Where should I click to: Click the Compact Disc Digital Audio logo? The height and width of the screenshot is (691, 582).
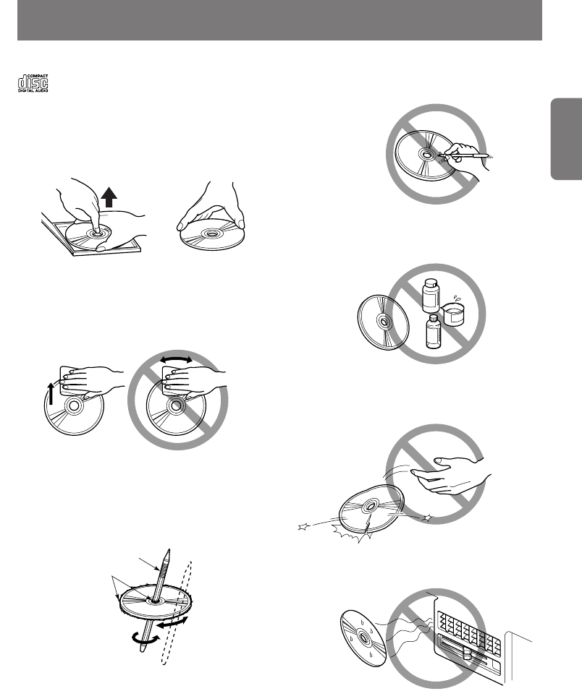pyautogui.click(x=33, y=83)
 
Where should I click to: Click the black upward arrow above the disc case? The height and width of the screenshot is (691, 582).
pyautogui.click(x=109, y=197)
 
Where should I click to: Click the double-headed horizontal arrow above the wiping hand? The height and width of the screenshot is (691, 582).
pyautogui.click(x=176, y=360)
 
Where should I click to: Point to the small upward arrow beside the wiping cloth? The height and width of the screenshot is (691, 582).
pyautogui.click(x=51, y=393)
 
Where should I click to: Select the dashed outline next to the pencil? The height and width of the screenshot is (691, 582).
pyautogui.click(x=177, y=612)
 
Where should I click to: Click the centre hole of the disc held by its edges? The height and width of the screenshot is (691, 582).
pyautogui.click(x=212, y=233)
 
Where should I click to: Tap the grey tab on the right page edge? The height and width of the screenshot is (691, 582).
pyautogui.click(x=566, y=139)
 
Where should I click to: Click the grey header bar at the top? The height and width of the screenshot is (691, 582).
pyautogui.click(x=279, y=20)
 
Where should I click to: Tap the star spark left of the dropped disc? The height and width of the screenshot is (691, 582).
pyautogui.click(x=303, y=526)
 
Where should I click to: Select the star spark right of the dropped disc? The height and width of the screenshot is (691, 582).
pyautogui.click(x=427, y=518)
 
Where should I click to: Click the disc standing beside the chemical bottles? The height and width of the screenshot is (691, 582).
pyautogui.click(x=383, y=322)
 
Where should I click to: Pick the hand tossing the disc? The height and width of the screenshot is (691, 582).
pyautogui.click(x=450, y=475)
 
